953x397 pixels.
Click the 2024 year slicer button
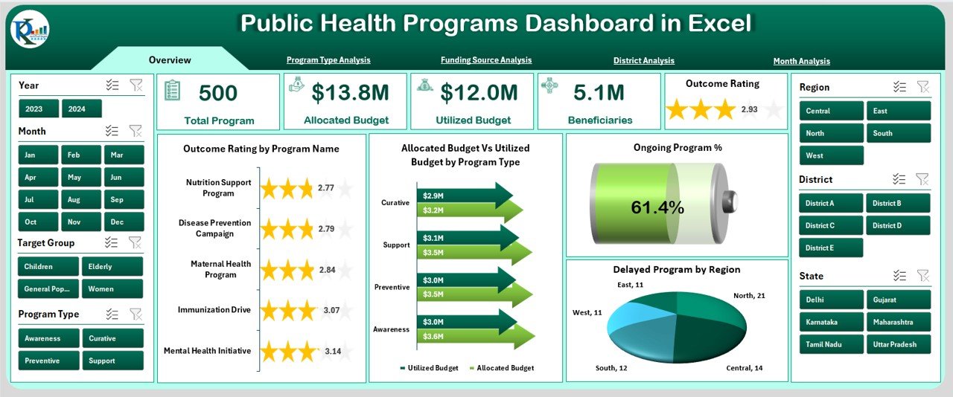pyautogui.click(x=81, y=109)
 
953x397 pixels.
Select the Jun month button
pyautogui.click(x=115, y=177)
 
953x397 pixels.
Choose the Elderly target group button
pyautogui.click(x=112, y=266)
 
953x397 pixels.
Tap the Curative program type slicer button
pyautogui.click(x=112, y=338)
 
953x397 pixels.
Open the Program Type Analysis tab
pyautogui.click(x=328, y=60)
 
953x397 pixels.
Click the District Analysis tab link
pyautogui.click(x=643, y=61)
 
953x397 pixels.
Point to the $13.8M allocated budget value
pyautogui.click(x=350, y=93)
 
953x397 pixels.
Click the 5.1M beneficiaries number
pyautogui.click(x=599, y=93)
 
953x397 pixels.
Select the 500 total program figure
pyautogui.click(x=218, y=93)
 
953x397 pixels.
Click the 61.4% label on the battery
pyautogui.click(x=657, y=208)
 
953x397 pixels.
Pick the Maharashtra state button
pyautogui.click(x=898, y=322)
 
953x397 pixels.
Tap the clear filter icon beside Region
pyautogui.click(x=922, y=87)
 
